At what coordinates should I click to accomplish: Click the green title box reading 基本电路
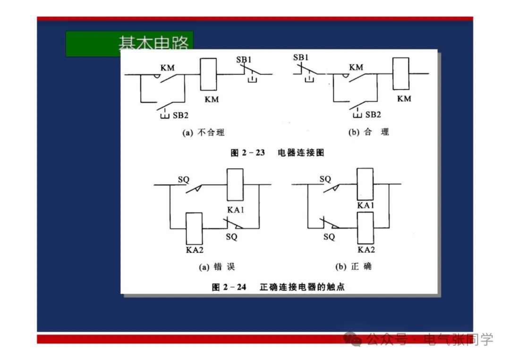point(129,43)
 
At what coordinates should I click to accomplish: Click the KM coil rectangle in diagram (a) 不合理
point(208,74)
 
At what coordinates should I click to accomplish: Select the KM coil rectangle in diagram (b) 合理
point(400,73)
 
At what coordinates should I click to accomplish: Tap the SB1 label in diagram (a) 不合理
point(245,59)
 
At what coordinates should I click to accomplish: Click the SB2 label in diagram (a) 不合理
point(180,115)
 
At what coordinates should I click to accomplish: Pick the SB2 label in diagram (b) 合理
point(373,115)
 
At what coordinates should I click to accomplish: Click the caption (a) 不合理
point(204,133)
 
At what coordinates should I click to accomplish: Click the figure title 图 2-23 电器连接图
point(277,153)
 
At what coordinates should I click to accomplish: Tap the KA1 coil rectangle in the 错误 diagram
point(235,185)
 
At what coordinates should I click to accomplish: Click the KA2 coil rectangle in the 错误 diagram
point(194,228)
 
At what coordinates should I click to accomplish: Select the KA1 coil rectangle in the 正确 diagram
point(365,185)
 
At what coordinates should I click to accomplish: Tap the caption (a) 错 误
point(217,267)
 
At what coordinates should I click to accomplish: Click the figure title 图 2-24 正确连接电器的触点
point(279,287)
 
